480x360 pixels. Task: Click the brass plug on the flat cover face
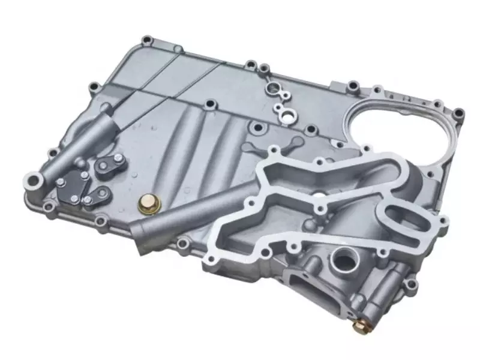(x=146, y=206)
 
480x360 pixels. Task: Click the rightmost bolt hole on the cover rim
(x=458, y=112)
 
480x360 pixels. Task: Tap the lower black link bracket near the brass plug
(x=98, y=195)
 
